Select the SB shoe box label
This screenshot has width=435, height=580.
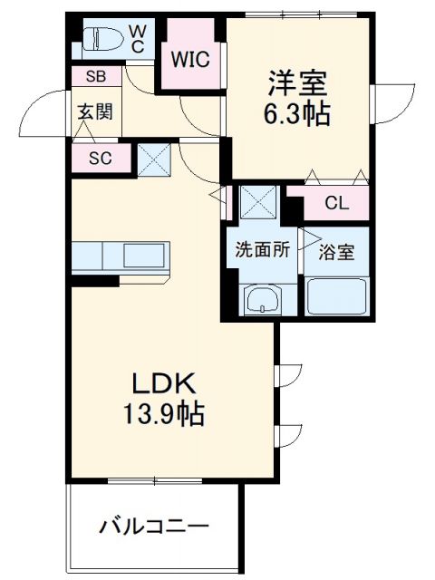(x=93, y=77)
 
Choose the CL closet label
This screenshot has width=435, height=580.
(x=336, y=203)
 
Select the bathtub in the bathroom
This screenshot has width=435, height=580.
(x=336, y=295)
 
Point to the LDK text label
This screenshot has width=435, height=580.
(x=163, y=382)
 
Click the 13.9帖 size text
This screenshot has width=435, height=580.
(x=163, y=414)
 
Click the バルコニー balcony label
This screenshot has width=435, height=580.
(x=154, y=526)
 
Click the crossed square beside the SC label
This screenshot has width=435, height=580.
(x=153, y=161)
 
